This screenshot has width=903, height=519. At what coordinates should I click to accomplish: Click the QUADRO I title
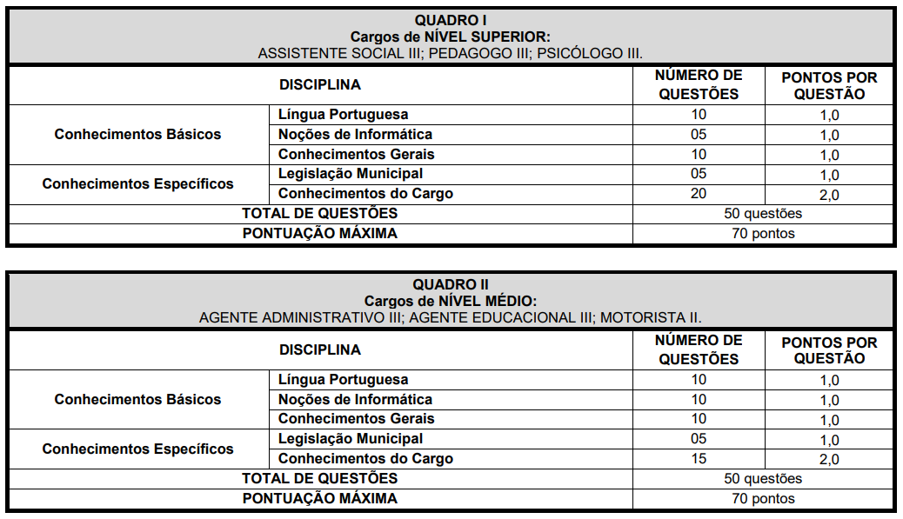tap(450, 20)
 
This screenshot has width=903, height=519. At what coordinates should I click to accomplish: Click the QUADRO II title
tap(450, 285)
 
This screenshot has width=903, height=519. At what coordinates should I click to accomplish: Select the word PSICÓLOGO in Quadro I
tap(578, 53)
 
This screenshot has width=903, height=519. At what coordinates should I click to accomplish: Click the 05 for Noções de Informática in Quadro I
tap(699, 135)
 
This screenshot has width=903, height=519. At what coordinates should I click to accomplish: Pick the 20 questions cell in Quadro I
tap(699, 194)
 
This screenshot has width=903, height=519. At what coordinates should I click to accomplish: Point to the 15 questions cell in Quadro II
tap(699, 459)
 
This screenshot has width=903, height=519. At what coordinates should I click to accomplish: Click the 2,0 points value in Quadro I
tap(829, 195)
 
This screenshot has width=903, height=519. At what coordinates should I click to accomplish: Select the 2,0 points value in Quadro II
tap(829, 460)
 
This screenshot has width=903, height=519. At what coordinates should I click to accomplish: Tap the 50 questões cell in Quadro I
tap(763, 214)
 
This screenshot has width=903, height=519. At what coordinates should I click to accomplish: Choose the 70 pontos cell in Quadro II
tap(763, 499)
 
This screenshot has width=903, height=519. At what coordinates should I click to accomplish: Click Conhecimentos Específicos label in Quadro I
tap(137, 184)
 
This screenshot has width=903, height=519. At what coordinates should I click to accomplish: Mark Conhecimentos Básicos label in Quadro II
tap(137, 400)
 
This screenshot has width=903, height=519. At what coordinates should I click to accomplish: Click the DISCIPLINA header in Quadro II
tap(319, 349)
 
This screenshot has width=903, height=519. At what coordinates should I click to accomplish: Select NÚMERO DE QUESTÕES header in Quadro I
tap(699, 85)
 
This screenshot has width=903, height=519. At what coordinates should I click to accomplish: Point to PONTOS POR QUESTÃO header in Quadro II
tap(829, 350)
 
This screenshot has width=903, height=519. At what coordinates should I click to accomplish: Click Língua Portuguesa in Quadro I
tap(343, 115)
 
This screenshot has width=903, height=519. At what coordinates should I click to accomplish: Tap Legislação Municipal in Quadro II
tap(351, 439)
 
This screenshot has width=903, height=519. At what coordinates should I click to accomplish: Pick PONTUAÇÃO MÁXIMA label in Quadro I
tap(319, 233)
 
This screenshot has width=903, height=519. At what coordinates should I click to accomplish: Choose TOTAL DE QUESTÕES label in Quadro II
tap(319, 478)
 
